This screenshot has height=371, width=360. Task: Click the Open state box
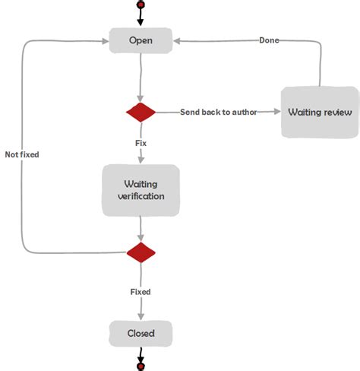141,40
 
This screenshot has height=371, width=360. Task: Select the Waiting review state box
319,113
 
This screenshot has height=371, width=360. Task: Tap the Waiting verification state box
141,190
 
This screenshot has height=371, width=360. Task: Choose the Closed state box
141,333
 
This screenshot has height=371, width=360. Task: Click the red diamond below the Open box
141,113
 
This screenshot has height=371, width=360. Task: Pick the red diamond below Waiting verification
141,252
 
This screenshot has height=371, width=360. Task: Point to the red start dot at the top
141,5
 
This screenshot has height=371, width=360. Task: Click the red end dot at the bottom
141,366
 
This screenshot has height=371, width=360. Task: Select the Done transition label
269,40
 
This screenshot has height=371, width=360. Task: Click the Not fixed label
21,154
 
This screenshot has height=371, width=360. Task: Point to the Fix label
141,142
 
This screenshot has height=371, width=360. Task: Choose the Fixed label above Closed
141,292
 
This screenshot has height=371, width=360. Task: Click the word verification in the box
141,196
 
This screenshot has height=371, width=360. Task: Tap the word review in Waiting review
336,113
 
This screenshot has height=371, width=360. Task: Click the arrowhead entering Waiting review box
276,113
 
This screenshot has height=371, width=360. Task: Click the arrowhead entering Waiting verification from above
141,160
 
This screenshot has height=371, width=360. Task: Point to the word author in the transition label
242,113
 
